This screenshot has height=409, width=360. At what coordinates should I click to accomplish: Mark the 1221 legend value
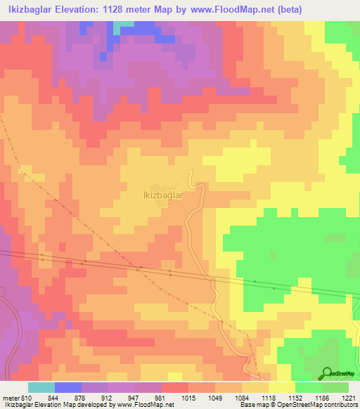pyautogui.click(x=349, y=398)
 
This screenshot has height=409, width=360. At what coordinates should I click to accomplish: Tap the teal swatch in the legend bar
pyautogui.click(x=41, y=387)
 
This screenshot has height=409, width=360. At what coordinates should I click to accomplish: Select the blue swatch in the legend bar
pyautogui.click(x=68, y=387)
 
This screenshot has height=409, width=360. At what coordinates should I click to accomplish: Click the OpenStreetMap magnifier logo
pyautogui.click(x=328, y=372)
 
